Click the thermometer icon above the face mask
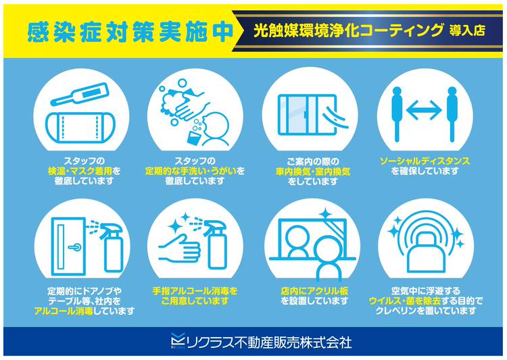tap(80, 94)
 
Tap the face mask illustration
tap(80, 128)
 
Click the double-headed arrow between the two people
tap(424, 110)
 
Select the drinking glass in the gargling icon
tap(195, 136)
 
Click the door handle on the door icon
tap(74, 247)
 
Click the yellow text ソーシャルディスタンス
tap(425, 161)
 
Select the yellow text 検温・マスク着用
tap(80, 171)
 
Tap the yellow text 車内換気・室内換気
tap(313, 172)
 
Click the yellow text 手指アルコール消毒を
tap(195, 291)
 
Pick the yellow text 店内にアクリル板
tap(314, 291)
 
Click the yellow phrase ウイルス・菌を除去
tap(404, 301)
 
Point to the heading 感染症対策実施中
tap(130, 32)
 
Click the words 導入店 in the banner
tap(467, 30)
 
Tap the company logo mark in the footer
tap(178, 341)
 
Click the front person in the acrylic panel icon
tap(328, 259)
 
